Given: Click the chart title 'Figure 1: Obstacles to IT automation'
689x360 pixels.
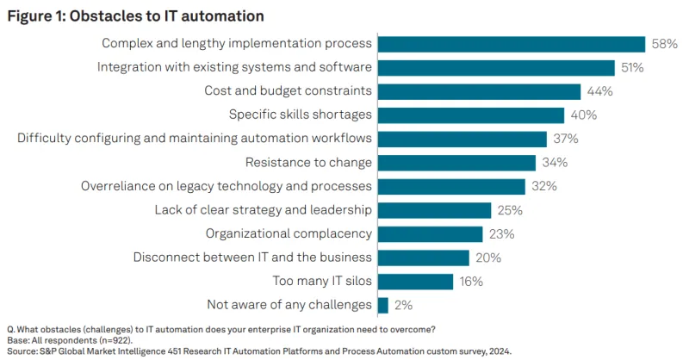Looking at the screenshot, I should pyautogui.click(x=135, y=16).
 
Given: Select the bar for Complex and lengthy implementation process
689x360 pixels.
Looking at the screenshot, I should pyautogui.click(x=511, y=44).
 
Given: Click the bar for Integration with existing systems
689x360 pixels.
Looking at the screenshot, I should pyautogui.click(x=496, y=67).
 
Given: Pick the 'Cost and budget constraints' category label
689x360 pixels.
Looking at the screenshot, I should pyautogui.click(x=288, y=91).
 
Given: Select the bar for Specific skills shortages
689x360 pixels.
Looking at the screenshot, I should pyautogui.click(x=471, y=115).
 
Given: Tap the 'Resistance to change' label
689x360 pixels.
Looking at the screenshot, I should pyautogui.click(x=308, y=162).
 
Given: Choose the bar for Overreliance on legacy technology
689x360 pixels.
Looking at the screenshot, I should pyautogui.click(x=451, y=186).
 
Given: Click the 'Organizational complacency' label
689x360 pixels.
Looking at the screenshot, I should pyautogui.click(x=289, y=233).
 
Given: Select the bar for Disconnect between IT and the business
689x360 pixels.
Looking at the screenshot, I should pyautogui.click(x=423, y=258).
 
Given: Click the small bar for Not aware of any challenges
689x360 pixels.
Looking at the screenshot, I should pyautogui.click(x=383, y=305).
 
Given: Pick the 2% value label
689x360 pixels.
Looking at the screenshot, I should pyautogui.click(x=403, y=305).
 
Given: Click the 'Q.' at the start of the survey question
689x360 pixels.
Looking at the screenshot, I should pyautogui.click(x=10, y=330).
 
